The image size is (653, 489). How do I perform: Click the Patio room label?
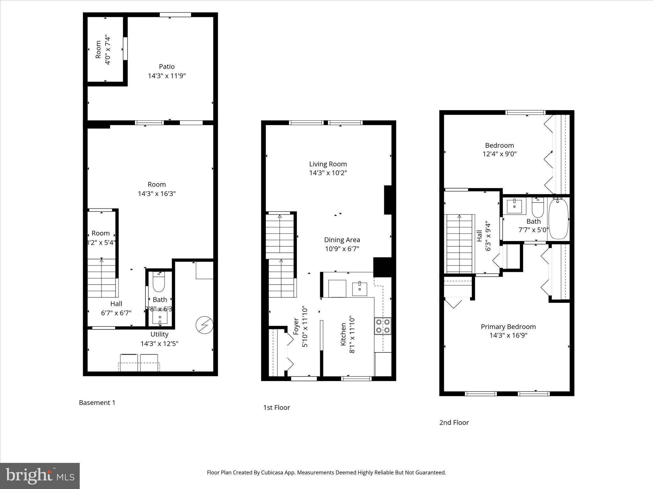(167, 67)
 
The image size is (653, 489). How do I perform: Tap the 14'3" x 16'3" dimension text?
(157, 194)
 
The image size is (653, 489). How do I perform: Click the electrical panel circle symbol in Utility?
(204, 325)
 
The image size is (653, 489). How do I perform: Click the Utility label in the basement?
(159, 334)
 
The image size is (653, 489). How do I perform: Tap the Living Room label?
(328, 164)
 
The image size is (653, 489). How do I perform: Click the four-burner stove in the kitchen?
(383, 326)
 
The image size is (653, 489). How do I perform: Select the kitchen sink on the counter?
(359, 289)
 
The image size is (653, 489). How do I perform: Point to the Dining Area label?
(342, 240)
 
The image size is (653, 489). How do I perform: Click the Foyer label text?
(296, 326)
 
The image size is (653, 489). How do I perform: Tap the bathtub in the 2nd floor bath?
(559, 219)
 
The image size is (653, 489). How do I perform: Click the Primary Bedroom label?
(508, 327)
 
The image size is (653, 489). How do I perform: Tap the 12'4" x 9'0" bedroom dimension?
(499, 154)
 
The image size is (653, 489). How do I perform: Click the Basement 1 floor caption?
(97, 403)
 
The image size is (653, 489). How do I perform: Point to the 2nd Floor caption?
(454, 422)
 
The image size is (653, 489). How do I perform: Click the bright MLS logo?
(40, 476)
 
